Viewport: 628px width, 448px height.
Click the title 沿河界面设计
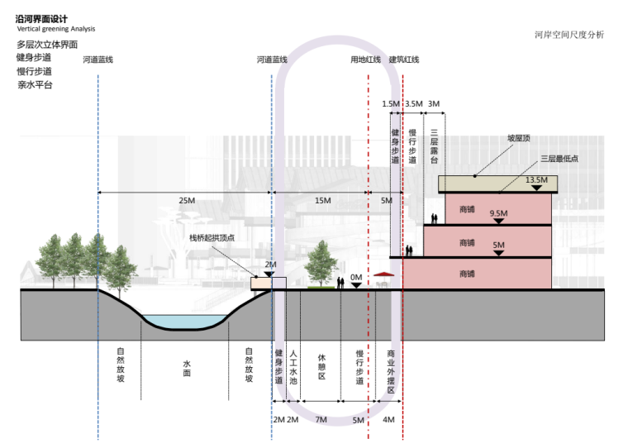42,18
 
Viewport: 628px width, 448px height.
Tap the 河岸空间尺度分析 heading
569,35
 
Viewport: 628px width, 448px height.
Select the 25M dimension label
187,201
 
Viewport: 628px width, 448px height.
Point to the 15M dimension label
321,201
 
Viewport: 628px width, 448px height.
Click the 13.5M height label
537,179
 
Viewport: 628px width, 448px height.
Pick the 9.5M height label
497,213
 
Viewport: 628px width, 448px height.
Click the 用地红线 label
365,60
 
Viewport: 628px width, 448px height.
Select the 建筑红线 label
404,60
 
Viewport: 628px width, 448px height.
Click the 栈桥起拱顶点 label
212,238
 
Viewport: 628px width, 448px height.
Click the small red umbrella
382,274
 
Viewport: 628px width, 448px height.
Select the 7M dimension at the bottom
321,420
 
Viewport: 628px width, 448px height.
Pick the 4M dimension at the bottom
388,420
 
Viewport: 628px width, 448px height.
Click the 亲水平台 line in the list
35,85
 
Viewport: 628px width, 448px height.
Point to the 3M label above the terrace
435,103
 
